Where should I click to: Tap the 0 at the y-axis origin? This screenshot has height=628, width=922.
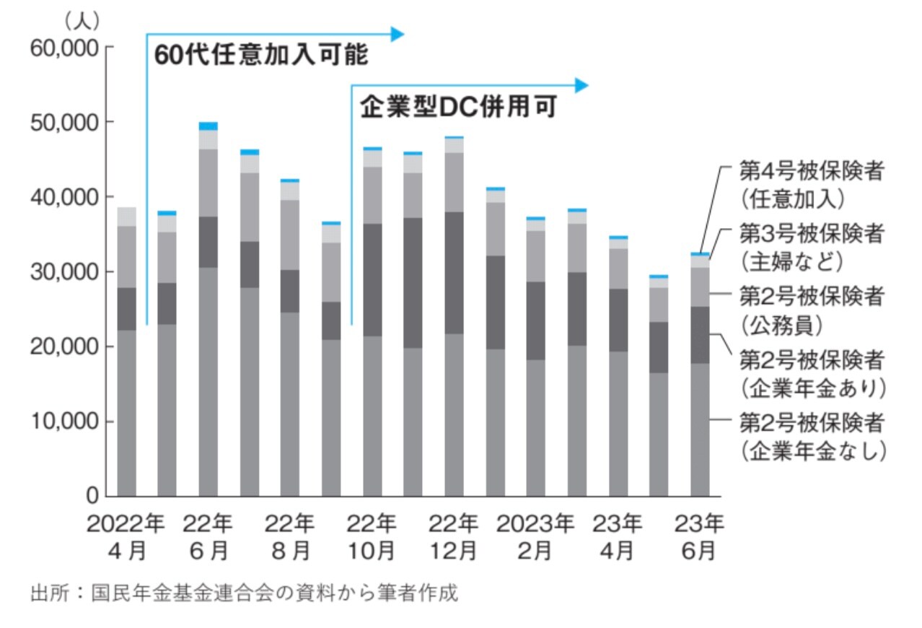(x=92, y=497)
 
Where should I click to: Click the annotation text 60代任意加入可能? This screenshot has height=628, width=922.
(x=261, y=56)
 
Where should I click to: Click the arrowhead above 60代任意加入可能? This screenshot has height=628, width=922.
(x=398, y=33)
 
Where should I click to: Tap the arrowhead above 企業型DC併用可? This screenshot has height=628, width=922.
(x=581, y=85)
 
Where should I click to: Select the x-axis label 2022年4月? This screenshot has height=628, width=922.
(x=127, y=537)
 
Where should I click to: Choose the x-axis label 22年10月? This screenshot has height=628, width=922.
(x=372, y=537)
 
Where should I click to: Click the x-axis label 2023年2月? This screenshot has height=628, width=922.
(x=535, y=537)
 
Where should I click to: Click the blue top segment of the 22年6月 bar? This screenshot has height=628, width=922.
(x=208, y=126)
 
